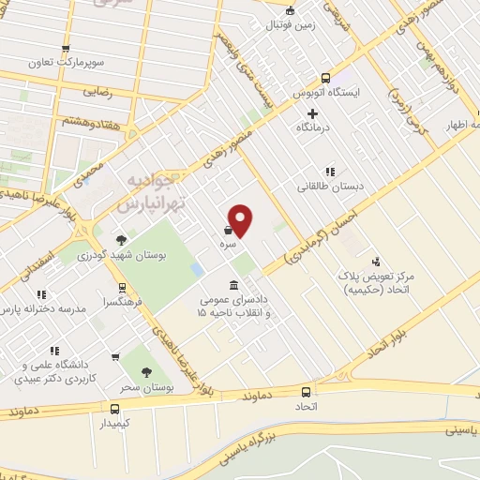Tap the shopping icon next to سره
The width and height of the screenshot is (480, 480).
click(x=229, y=228)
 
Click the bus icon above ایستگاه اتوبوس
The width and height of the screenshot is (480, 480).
click(x=325, y=79)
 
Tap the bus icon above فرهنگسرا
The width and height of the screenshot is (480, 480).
click(x=122, y=289)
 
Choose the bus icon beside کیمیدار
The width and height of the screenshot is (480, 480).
click(x=114, y=409)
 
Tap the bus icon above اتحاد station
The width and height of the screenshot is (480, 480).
click(x=306, y=392)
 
